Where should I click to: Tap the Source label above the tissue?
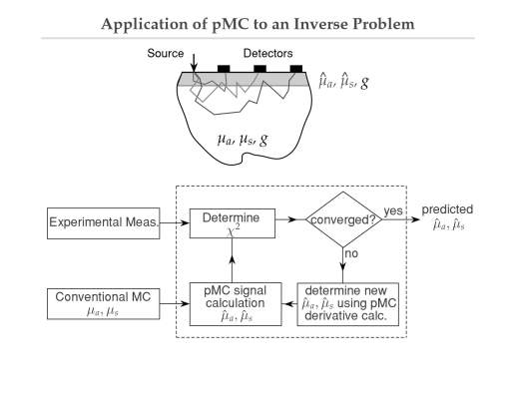[x=166, y=53]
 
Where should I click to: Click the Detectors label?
[x=267, y=53]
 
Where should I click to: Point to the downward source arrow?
[x=194, y=63]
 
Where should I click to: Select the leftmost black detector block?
[x=224, y=69]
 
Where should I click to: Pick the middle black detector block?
[x=259, y=69]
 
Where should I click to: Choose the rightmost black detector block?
[x=296, y=69]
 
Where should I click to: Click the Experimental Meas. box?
[x=104, y=223]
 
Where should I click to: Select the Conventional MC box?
[x=104, y=304]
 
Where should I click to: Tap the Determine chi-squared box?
[x=233, y=223]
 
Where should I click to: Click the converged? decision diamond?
[x=343, y=219]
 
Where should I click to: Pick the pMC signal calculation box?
[x=236, y=304]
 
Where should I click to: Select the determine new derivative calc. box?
[x=347, y=304]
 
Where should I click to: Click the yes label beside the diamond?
[x=393, y=210]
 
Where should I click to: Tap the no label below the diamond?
[x=351, y=253]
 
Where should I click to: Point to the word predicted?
[x=447, y=209]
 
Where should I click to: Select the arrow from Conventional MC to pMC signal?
[x=175, y=303]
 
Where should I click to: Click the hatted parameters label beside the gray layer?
[x=343, y=81]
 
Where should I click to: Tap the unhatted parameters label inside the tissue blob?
[x=243, y=140]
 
